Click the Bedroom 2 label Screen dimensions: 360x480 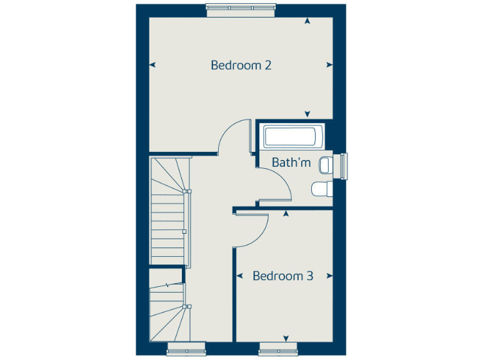pos(241,65)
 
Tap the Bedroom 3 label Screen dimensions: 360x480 pos(282,276)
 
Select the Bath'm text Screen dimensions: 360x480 pos(291,162)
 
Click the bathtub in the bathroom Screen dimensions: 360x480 pos(292,136)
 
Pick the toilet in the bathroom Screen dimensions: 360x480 pos(322,189)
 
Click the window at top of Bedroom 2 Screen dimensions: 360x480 pos(240,9)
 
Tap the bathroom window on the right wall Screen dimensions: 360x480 pos(343,165)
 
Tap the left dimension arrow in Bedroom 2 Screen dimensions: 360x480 pos(152,64)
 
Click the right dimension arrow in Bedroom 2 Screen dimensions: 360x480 pos(329,64)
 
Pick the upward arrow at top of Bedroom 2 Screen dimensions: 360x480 pos(307,21)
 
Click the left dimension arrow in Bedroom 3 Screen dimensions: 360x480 pos(239,275)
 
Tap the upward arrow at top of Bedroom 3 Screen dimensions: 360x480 pos(286,214)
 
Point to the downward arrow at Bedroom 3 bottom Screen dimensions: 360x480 pos(286,339)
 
